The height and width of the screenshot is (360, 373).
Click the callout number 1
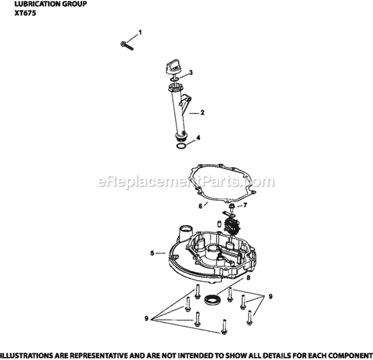(x=140, y=33)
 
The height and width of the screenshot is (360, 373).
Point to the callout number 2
(x=203, y=113)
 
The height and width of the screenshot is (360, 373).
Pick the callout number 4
(x=199, y=137)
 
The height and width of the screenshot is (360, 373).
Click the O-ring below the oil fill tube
(x=182, y=146)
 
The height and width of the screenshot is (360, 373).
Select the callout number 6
(x=199, y=206)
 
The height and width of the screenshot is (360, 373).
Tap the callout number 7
(x=245, y=205)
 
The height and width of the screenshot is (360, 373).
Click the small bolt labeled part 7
(x=232, y=206)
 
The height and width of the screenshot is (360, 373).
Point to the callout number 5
(x=152, y=253)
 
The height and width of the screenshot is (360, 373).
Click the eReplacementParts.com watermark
(x=187, y=181)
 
